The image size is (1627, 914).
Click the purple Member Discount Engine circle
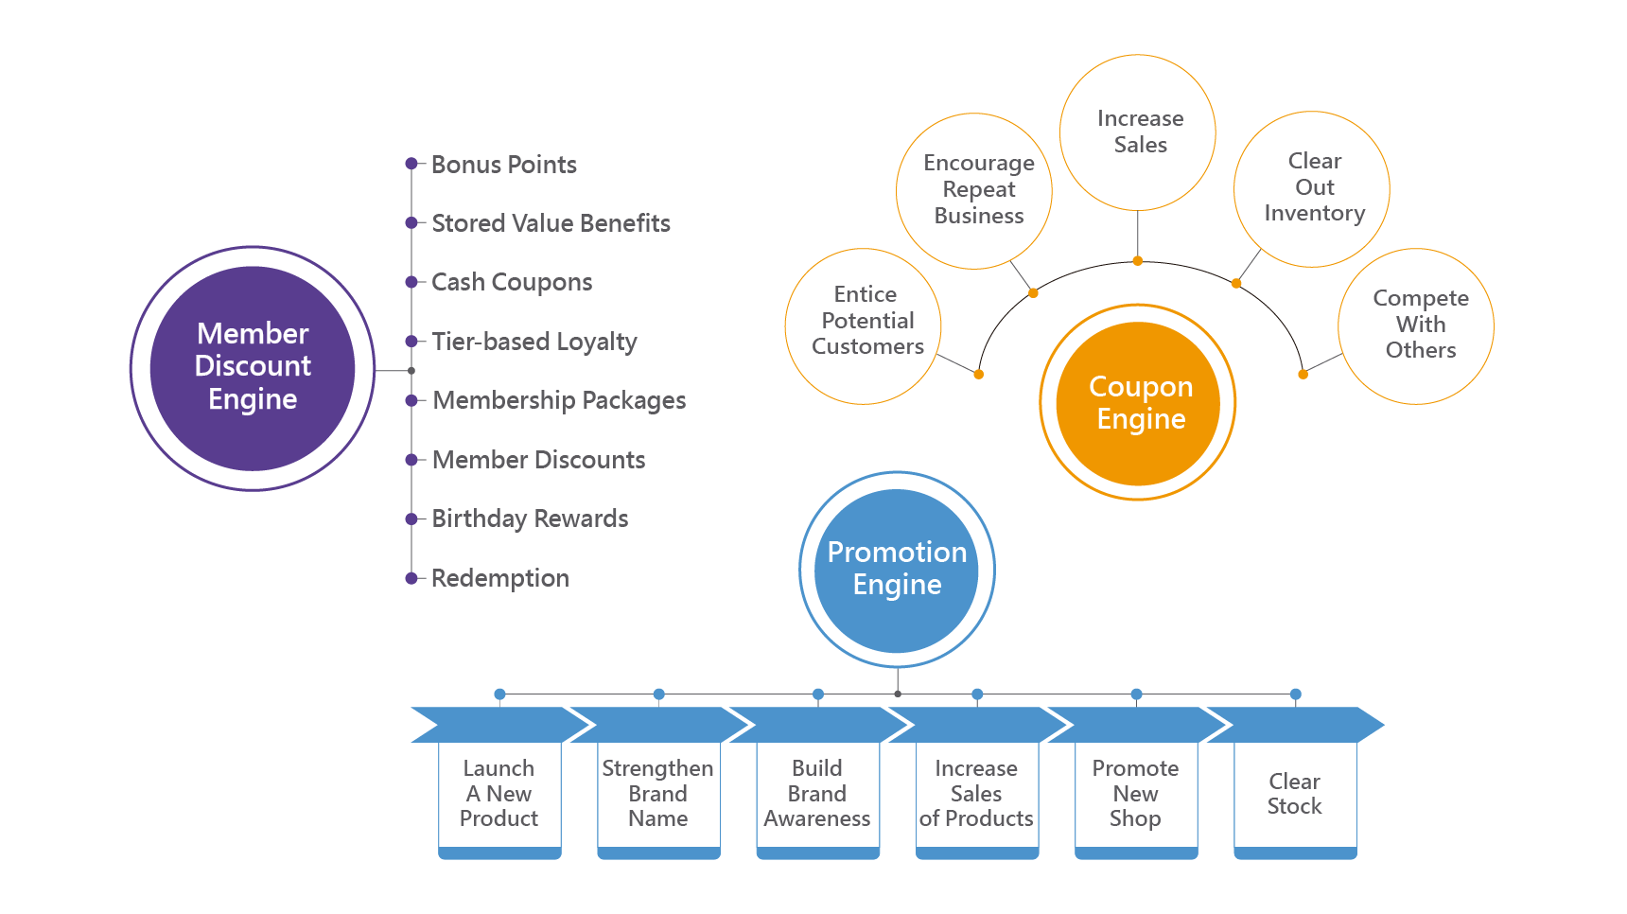pyautogui.click(x=253, y=368)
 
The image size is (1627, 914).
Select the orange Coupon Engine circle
pyautogui.click(x=1138, y=403)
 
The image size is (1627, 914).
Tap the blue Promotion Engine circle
pyautogui.click(x=897, y=570)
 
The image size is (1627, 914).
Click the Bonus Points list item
pyautogui.click(x=503, y=165)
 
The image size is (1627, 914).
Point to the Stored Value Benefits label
pyautogui.click(x=551, y=223)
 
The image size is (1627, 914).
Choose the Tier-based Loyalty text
pyautogui.click(x=534, y=342)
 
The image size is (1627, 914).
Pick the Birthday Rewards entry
pyautogui.click(x=530, y=519)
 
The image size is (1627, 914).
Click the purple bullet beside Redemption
pyautogui.click(x=411, y=578)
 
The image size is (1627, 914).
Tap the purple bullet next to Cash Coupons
pyautogui.click(x=411, y=282)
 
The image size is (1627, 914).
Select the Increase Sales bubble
pyautogui.click(x=1138, y=132)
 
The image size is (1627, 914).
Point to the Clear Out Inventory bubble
pyautogui.click(x=1312, y=189)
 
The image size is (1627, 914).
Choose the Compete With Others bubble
pyautogui.click(x=1417, y=325)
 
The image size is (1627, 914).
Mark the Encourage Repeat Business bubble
pyautogui.click(x=975, y=191)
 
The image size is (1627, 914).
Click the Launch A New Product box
pyautogui.click(x=499, y=794)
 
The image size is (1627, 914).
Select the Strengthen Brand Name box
pyautogui.click(x=658, y=794)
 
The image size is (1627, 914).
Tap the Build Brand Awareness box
pyautogui.click(x=817, y=794)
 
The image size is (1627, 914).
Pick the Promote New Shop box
pyautogui.click(x=1136, y=794)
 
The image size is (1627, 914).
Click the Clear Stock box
pyautogui.click(x=1295, y=794)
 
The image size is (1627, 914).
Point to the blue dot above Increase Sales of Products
pyautogui.click(x=977, y=694)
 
